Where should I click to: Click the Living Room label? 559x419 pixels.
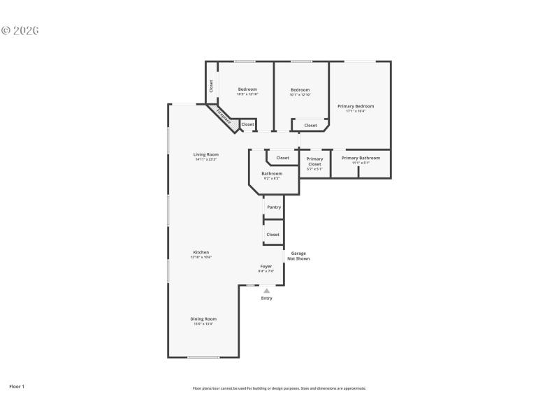pos(206,154)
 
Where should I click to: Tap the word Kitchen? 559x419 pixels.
pos(201,252)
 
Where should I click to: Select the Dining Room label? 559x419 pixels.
pos(203,319)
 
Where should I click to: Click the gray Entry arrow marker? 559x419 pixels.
pos(266,291)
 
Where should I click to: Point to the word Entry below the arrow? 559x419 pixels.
pos(266,298)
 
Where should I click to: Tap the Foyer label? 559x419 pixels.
pos(266,266)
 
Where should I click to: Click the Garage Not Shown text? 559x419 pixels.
pos(298,256)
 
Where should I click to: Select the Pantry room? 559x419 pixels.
pos(274,207)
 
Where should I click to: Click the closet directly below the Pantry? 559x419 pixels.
pos(273,235)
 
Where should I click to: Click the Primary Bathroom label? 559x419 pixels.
pos(361,158)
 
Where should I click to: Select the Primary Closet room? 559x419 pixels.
pos(314,162)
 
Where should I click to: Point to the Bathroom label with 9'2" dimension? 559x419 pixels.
pos(272,174)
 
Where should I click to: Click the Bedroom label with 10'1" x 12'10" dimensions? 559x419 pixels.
pos(300,89)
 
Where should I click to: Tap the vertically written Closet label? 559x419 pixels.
pos(211,86)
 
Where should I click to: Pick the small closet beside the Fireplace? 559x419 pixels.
pos(248,124)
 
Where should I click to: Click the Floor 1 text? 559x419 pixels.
pos(16,385)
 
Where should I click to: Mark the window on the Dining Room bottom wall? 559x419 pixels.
pos(203,358)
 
